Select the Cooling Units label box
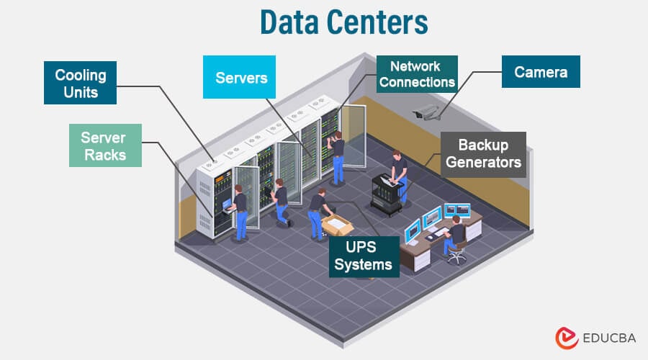click(x=81, y=84)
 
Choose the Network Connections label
click(x=417, y=74)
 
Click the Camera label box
click(x=541, y=72)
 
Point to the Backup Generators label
click(x=483, y=153)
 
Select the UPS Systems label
click(x=364, y=256)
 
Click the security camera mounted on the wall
click(x=426, y=112)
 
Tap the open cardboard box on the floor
click(x=337, y=225)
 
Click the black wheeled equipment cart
click(x=386, y=194)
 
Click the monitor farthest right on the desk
click(x=456, y=211)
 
